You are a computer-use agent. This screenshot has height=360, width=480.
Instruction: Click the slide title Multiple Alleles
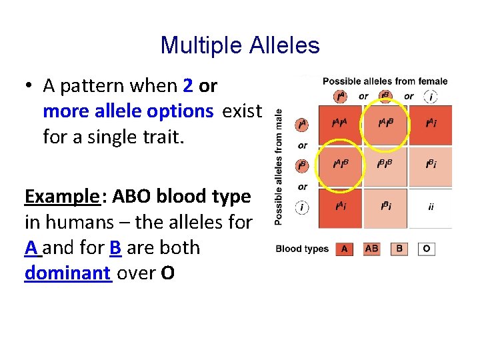pyautogui.click(x=240, y=45)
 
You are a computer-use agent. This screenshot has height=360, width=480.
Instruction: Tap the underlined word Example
pyautogui.click(x=61, y=197)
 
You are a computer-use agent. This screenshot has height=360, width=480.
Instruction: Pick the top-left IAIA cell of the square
pyautogui.click(x=340, y=124)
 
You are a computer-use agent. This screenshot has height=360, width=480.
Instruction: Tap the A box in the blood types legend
pyautogui.click(x=343, y=249)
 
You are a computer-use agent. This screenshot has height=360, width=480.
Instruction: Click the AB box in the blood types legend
pyautogui.click(x=372, y=249)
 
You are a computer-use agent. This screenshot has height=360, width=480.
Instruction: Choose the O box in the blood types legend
pyautogui.click(x=427, y=249)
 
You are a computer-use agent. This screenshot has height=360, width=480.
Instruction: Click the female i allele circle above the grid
pyautogui.click(x=431, y=97)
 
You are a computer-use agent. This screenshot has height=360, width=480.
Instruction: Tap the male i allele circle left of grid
pyautogui.click(x=302, y=207)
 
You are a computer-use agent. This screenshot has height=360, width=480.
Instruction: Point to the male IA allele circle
pyautogui.click(x=302, y=124)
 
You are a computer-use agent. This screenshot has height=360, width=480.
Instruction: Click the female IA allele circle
pyautogui.click(x=341, y=97)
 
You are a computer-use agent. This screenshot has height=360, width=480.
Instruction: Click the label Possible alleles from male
pyautogui.click(x=279, y=167)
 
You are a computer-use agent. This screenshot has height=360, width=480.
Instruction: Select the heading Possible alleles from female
pyautogui.click(x=385, y=81)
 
